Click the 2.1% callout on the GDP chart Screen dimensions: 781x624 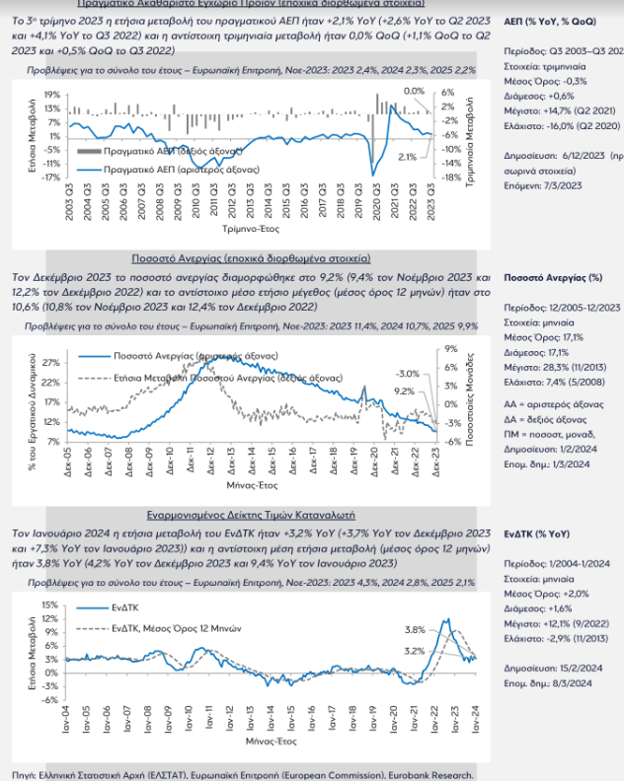[x=406, y=156]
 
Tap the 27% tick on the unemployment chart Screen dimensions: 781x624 [x=52, y=362]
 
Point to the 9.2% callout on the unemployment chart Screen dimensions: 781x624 [x=405, y=390]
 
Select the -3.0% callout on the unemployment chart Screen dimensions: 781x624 [x=407, y=374]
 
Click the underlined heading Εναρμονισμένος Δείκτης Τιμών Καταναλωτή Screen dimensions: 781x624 [x=251, y=515]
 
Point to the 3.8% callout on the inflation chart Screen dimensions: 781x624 [x=416, y=629]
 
